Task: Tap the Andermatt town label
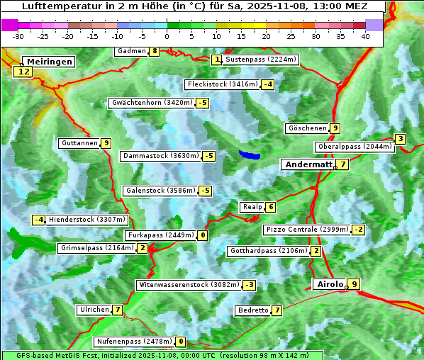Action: pyautogui.click(x=308, y=164)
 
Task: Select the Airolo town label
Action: pyautogui.click(x=330, y=284)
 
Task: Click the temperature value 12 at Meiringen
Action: pyautogui.click(x=24, y=72)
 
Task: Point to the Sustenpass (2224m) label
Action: pyautogui.click(x=255, y=60)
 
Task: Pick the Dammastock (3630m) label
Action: pyautogui.click(x=160, y=156)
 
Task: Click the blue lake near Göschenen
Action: pyautogui.click(x=249, y=154)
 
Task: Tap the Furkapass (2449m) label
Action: pyautogui.click(x=160, y=235)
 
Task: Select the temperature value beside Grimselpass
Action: pyautogui.click(x=143, y=248)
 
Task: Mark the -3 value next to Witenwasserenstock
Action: pyautogui.click(x=249, y=285)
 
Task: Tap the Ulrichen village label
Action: pyautogui.click(x=94, y=310)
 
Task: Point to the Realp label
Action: pyautogui.click(x=252, y=207)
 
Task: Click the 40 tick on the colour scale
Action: pyautogui.click(x=365, y=36)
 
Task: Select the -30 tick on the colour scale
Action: pyautogui.click(x=18, y=36)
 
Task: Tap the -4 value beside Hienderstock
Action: pyautogui.click(x=39, y=220)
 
